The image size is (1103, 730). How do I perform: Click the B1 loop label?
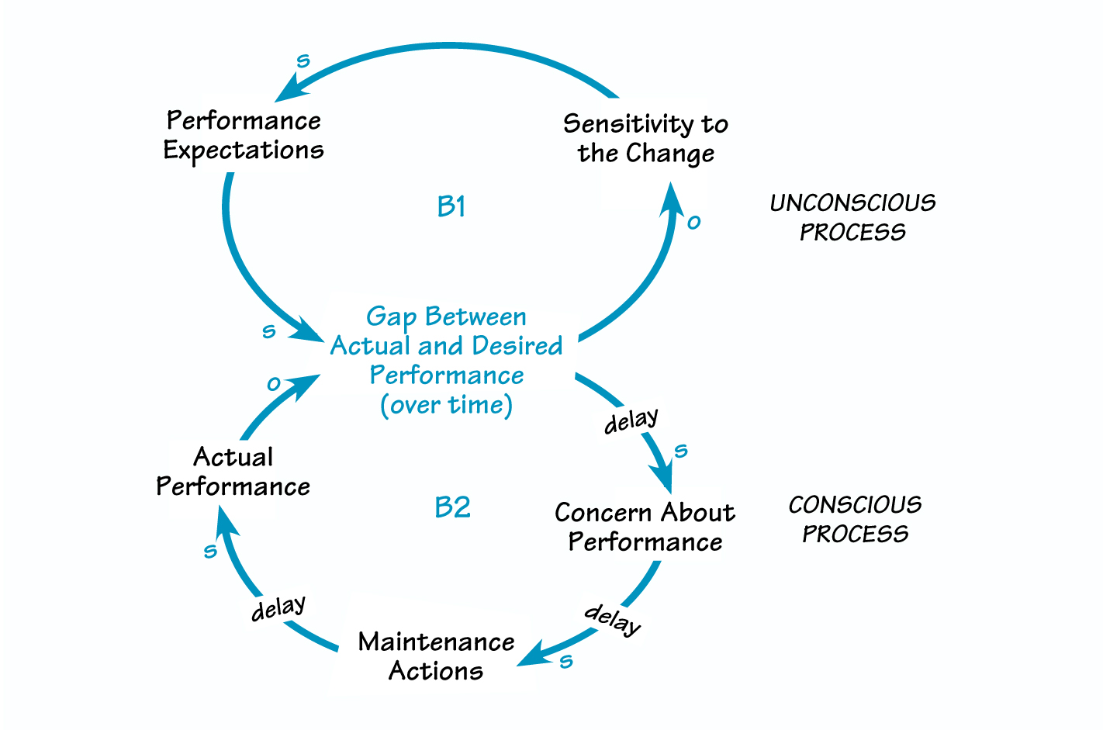pos(451,206)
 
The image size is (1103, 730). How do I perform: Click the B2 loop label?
pos(452,507)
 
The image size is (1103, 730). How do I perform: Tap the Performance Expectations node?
pos(244,135)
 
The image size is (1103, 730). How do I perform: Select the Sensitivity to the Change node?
pos(645,138)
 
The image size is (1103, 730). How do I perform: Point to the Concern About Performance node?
pos(645,527)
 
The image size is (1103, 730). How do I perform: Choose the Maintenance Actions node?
pos(436,656)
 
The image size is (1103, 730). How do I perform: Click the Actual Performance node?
pos(233,471)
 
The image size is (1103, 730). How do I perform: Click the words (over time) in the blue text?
pos(446,405)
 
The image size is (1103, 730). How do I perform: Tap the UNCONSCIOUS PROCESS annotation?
pos(852,217)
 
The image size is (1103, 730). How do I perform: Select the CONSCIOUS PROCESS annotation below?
pos(855,519)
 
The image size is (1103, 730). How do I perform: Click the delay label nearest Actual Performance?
pos(278,608)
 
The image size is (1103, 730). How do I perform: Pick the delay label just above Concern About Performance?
pos(631,421)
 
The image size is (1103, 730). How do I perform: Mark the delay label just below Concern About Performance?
pos(613,618)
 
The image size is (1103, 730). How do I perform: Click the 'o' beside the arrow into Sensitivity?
pos(693,223)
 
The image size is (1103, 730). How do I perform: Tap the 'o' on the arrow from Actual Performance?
pos(274,383)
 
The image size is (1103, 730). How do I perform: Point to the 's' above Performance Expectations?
pos(303,61)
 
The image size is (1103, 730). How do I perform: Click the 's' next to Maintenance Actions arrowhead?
pos(566,661)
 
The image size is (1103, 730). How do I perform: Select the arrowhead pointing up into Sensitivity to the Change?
pos(671,199)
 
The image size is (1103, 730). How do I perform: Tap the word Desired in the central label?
pos(517,345)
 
